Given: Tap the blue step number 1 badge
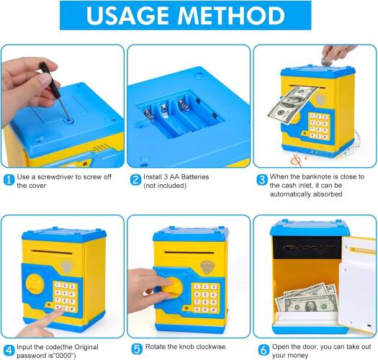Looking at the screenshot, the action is [x=9, y=180].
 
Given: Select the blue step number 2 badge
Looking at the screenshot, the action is [x=135, y=180].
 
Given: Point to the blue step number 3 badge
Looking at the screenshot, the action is [x=262, y=180].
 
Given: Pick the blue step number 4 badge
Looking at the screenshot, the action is [x=9, y=350].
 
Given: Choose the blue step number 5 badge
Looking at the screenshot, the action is [x=138, y=349].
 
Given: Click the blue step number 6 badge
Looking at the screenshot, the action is [x=264, y=350].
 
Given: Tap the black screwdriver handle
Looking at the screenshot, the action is [x=50, y=80].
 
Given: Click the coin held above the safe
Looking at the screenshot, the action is [x=326, y=61].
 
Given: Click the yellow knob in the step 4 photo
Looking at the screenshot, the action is [x=35, y=284].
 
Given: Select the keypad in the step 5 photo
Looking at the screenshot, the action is [x=205, y=298].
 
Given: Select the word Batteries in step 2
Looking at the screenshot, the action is [x=195, y=177].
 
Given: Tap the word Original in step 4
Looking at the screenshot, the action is [x=86, y=347].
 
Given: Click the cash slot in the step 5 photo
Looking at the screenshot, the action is [x=189, y=253].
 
